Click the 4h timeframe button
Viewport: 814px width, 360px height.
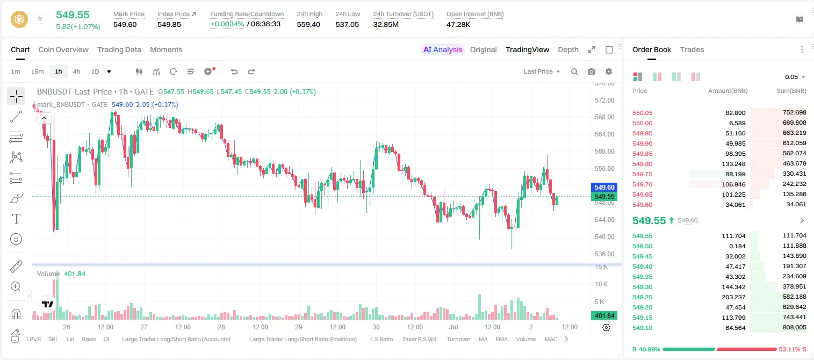(76, 71)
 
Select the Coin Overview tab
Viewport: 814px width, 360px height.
(63, 49)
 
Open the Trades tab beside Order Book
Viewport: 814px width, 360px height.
(692, 49)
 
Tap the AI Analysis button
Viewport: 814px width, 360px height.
(443, 49)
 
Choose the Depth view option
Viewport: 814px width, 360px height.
(568, 49)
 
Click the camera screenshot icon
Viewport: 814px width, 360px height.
(591, 71)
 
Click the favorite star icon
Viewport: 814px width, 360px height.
(40, 18)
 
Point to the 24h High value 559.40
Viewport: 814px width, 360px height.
(308, 24)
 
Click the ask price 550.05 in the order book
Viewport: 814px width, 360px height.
(642, 113)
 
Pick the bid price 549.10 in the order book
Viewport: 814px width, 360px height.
(642, 328)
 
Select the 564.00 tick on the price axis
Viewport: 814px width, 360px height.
(604, 134)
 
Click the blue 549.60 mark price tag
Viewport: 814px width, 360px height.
(604, 187)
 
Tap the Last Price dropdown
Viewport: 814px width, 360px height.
(542, 71)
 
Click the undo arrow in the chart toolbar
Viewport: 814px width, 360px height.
(234, 71)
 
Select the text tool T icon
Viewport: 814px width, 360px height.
(16, 219)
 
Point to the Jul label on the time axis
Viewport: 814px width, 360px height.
(453, 327)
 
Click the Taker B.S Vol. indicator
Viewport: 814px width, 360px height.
(419, 339)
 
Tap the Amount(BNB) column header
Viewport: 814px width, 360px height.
(727, 91)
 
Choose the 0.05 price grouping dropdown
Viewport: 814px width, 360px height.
(795, 77)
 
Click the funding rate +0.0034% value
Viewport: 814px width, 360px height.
(227, 24)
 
